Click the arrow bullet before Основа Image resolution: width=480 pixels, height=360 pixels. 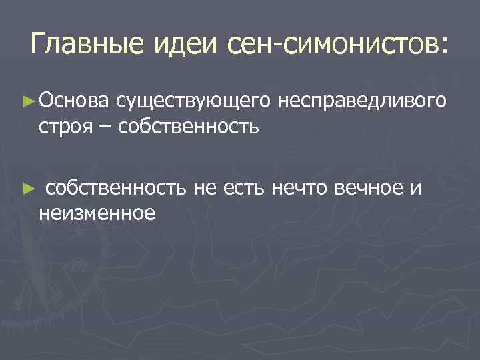pyautogui.click(x=29, y=101)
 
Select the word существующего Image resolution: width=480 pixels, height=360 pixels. pyautogui.click(x=193, y=101)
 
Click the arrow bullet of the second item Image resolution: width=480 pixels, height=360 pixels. pyautogui.click(x=29, y=189)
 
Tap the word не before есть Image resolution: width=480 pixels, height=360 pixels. pyautogui.click(x=205, y=189)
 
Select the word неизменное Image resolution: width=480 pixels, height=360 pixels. pyautogui.click(x=97, y=213)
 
